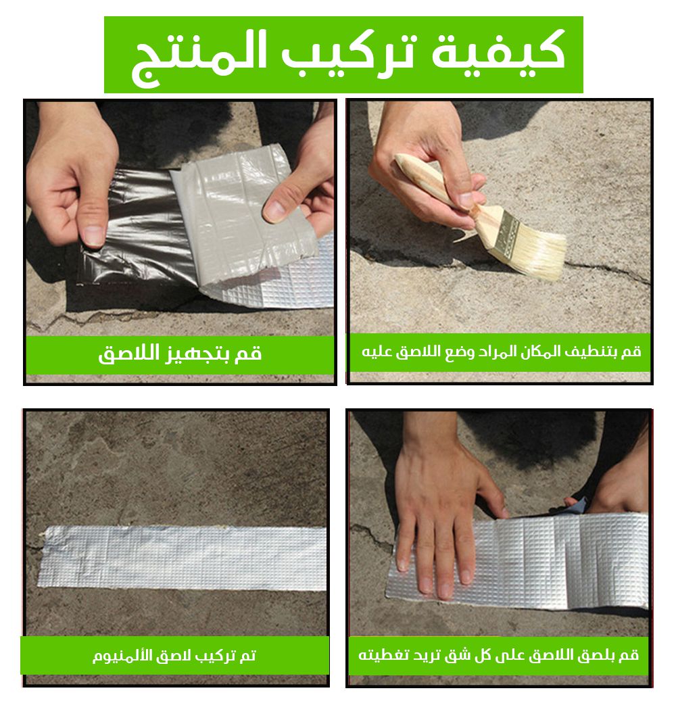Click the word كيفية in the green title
(x=498, y=52)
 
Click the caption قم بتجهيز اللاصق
(x=180, y=353)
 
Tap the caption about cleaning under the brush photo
(x=501, y=352)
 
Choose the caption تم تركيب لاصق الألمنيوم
(x=174, y=655)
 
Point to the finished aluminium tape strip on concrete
(x=183, y=557)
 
